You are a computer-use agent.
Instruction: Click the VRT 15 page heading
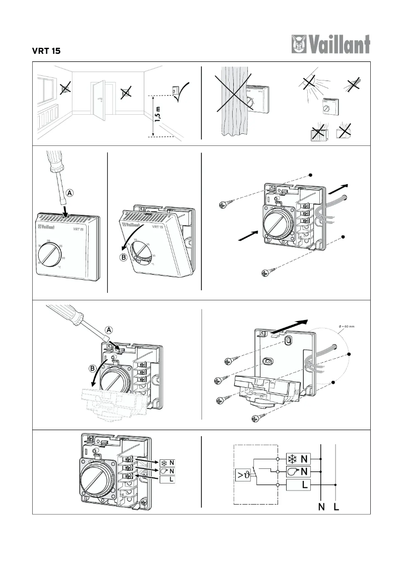(x=47, y=51)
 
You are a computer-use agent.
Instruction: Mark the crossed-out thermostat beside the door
(x=126, y=93)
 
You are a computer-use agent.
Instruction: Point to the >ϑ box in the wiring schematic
(x=242, y=474)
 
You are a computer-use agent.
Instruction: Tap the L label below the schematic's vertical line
(x=336, y=507)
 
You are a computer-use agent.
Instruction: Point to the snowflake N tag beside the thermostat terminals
(x=168, y=461)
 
